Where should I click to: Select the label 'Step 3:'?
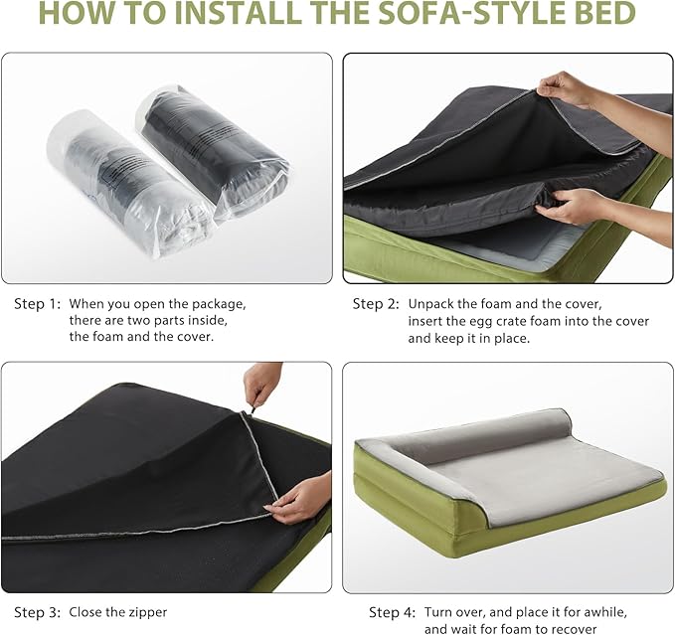37,612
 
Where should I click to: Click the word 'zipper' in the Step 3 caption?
145,612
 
